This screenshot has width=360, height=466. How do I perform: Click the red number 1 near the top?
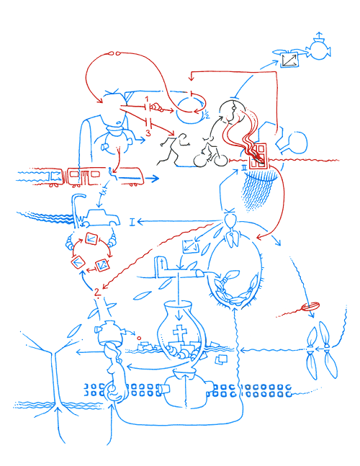[146, 97]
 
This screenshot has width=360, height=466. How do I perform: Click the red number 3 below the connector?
[148, 133]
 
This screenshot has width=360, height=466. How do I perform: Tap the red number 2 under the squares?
[96, 291]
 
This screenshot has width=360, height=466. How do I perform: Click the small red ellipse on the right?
[310, 308]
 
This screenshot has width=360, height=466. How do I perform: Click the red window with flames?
[259, 153]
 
